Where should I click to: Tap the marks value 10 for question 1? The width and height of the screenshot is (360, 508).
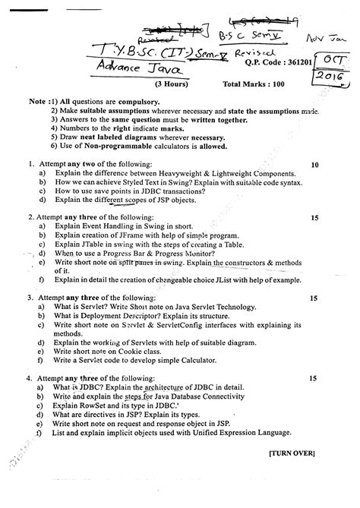(x=314, y=164)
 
